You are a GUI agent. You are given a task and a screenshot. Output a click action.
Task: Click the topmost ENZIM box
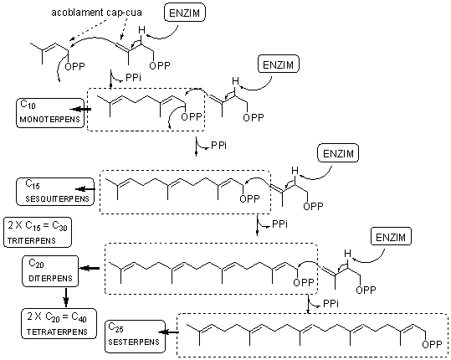point(185,13)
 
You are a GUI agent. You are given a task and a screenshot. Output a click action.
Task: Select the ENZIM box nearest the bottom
point(391,237)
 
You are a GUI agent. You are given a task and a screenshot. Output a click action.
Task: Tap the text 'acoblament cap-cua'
point(97,13)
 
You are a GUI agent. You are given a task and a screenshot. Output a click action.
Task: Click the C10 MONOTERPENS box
point(50,113)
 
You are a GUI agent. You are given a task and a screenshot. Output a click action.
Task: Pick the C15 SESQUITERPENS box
point(55,192)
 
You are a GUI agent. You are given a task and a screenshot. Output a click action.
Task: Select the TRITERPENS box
point(38,232)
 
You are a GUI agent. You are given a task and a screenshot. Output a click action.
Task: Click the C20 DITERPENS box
point(50,271)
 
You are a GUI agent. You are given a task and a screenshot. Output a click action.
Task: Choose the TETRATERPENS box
point(59,323)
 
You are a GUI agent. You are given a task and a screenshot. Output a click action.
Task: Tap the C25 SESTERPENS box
point(136,337)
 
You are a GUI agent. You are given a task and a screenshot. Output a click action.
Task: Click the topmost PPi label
point(133,77)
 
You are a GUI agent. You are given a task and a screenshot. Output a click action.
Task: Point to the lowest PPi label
point(331,303)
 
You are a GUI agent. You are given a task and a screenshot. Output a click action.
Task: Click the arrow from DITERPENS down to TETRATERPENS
point(66,297)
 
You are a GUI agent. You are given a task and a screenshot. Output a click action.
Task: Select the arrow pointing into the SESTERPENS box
point(170,332)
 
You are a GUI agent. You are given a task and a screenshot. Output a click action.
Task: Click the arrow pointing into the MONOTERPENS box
point(80,109)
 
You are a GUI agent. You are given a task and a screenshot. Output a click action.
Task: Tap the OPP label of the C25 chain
point(432,344)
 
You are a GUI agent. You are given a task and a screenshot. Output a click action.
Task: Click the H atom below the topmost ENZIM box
point(141,29)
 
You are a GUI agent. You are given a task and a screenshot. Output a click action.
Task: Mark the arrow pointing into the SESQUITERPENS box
point(85,189)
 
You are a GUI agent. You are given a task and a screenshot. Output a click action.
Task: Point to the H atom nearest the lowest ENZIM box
point(348,254)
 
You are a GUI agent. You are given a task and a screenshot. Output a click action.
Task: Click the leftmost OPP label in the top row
point(74,66)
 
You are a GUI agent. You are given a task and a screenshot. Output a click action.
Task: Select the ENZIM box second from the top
point(279,64)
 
